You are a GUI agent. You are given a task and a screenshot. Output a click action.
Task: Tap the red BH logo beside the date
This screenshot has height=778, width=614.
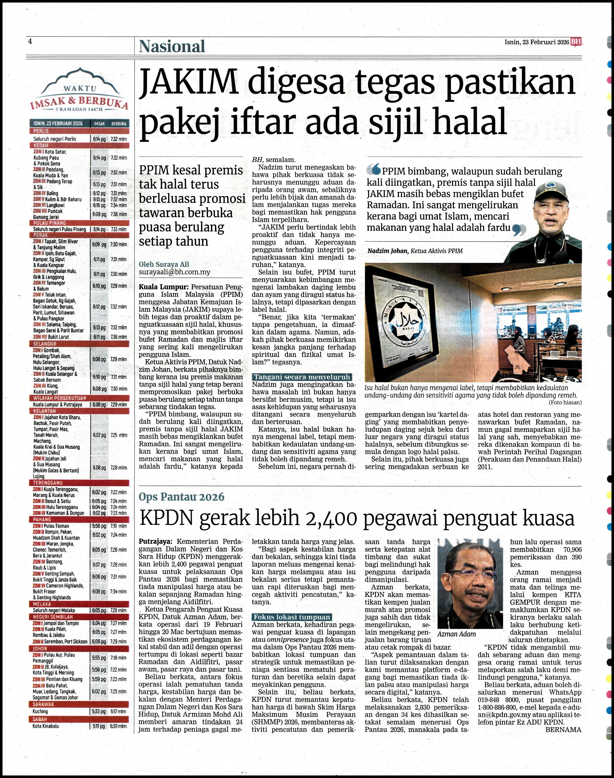click(576, 42)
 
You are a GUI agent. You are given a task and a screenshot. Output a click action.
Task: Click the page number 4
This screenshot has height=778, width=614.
click(30, 41)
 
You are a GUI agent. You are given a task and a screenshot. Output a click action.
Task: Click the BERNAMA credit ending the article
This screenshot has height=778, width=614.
click(563, 730)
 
